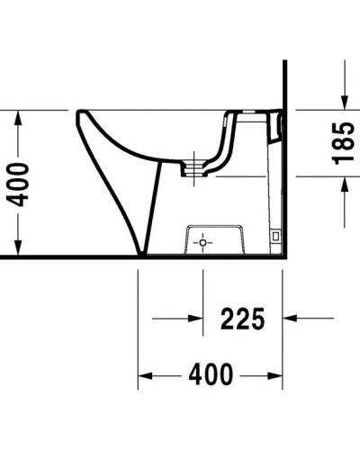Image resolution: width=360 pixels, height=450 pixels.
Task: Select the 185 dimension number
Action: pos(343,144)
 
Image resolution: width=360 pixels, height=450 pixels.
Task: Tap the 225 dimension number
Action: pos(242,318)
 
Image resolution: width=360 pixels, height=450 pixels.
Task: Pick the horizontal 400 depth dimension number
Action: pos(211,373)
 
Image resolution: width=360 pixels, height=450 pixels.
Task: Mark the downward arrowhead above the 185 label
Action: pos(344,101)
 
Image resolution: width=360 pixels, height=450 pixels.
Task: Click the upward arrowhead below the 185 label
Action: pos(344,184)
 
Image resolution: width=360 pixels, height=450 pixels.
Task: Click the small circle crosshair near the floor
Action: pos(203,243)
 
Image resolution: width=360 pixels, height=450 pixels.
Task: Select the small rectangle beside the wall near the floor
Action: pos(275,236)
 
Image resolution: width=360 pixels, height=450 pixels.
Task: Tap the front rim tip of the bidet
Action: pos(81,115)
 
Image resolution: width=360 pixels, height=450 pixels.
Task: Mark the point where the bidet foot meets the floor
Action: pos(141,253)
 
